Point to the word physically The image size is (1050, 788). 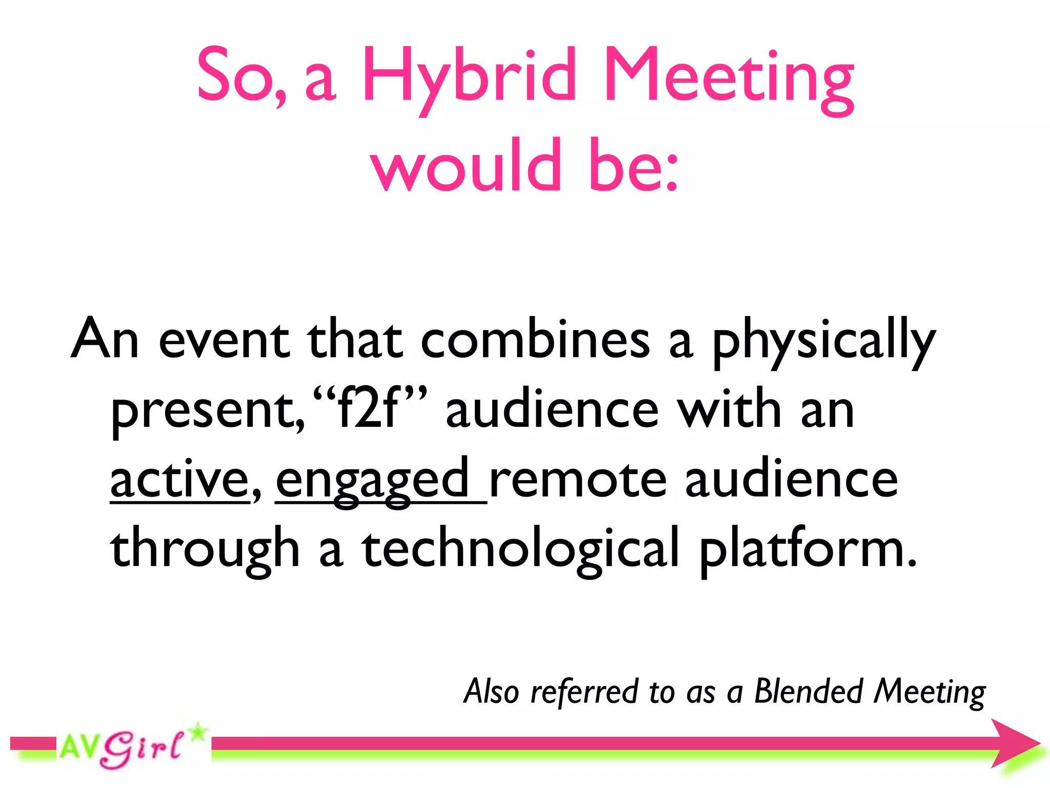824,342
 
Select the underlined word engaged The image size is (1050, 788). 373,480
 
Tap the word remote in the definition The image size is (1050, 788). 578,480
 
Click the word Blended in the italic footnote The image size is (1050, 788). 809,692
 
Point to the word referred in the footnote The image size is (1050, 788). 584,692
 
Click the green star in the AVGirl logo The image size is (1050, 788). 197,732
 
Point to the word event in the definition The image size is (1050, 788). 224,340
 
